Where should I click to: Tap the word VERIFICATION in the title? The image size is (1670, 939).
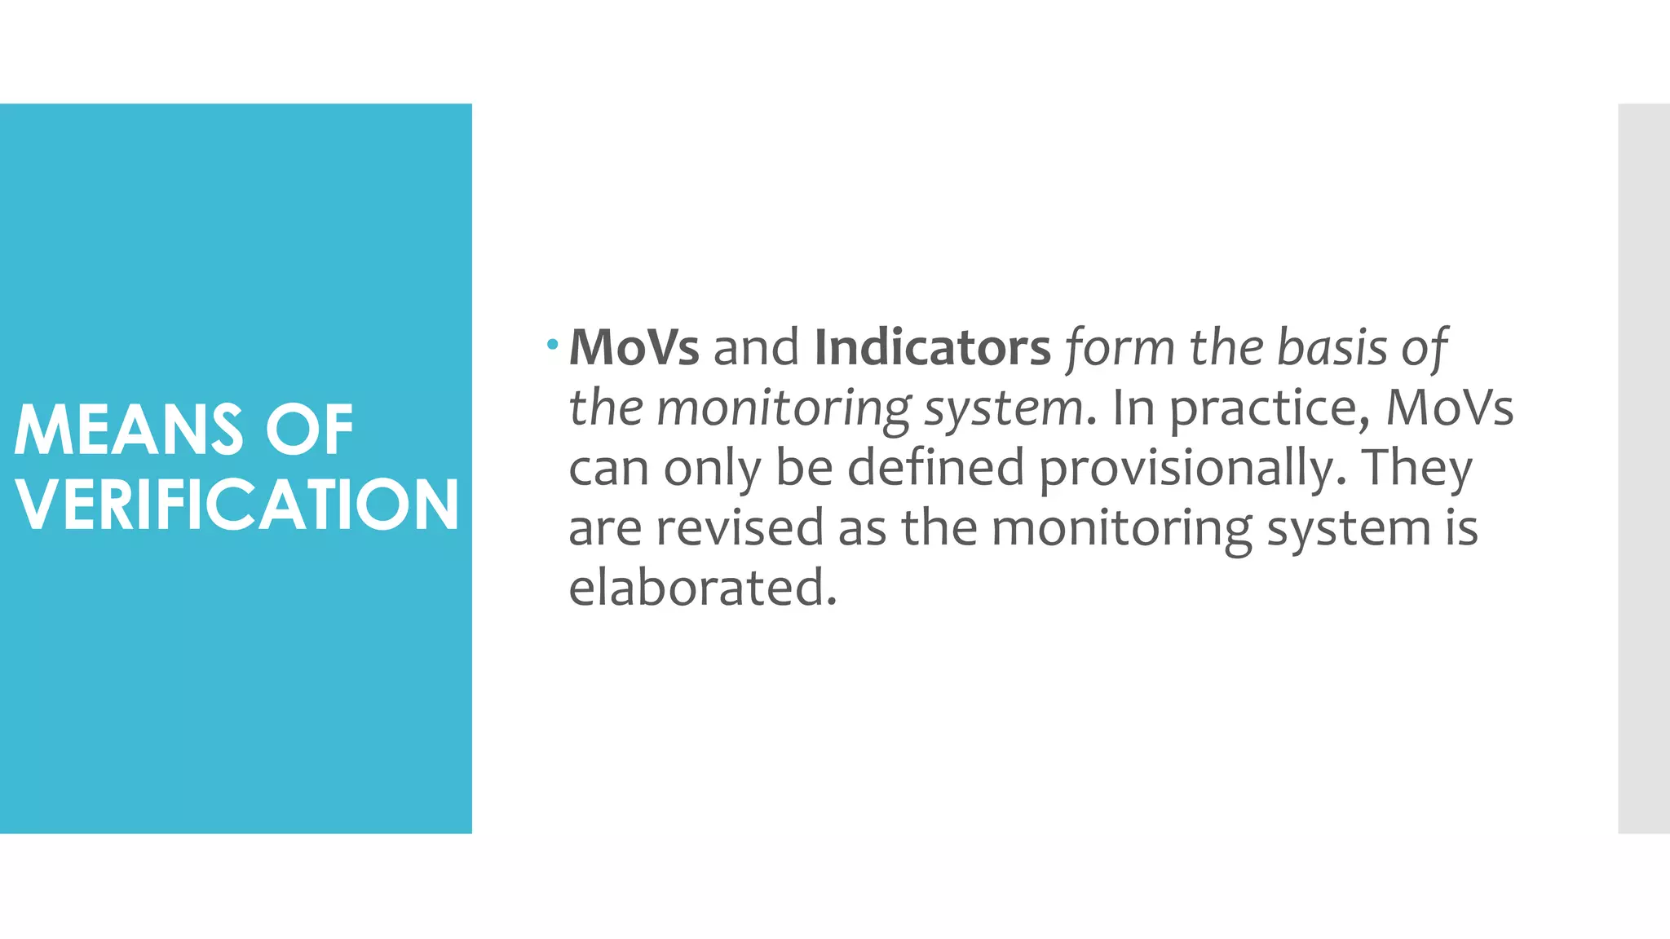pyautogui.click(x=237, y=505)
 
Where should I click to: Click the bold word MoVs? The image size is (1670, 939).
pyautogui.click(x=634, y=347)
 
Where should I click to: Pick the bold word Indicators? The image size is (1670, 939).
pyautogui.click(x=932, y=347)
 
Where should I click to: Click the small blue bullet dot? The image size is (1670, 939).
pyautogui.click(x=553, y=345)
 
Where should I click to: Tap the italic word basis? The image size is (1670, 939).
pyautogui.click(x=1332, y=347)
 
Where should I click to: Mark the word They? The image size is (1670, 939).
pyautogui.click(x=1417, y=468)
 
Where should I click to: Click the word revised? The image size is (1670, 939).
pyautogui.click(x=740, y=527)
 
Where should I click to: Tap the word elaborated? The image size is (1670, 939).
pyautogui.click(x=702, y=587)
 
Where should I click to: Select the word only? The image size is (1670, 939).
pyautogui.click(x=711, y=468)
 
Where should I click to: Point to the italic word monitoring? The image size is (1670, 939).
pyautogui.click(x=784, y=408)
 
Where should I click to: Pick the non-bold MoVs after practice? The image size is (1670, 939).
pyautogui.click(x=1449, y=407)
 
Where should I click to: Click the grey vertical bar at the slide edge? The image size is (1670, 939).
pyautogui.click(x=1643, y=468)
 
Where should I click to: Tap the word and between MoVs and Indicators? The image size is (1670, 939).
pyautogui.click(x=756, y=347)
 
